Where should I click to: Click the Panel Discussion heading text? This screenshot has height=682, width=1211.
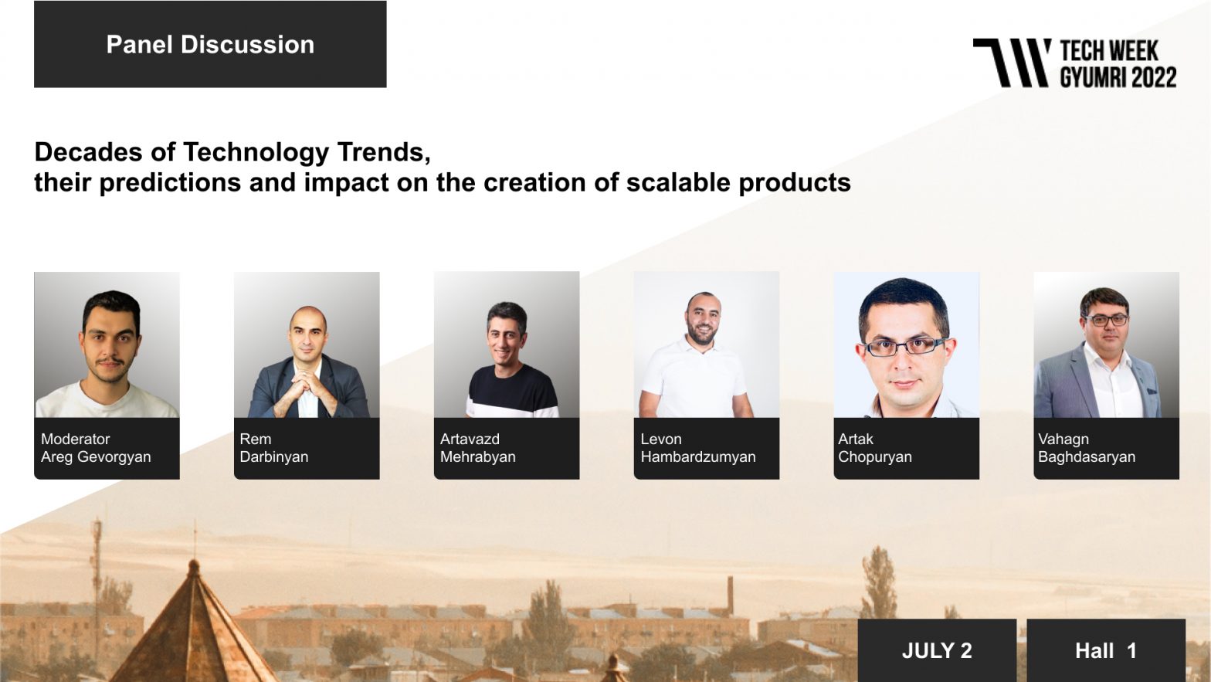tap(210, 44)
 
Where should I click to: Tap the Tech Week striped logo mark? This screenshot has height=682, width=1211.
tap(1012, 63)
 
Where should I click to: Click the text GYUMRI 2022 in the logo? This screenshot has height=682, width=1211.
tap(1118, 77)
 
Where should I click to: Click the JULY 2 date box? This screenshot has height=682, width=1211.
tap(937, 650)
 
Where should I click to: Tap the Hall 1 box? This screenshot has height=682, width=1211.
tap(1106, 650)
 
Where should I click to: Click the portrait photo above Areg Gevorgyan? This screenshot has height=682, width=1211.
tap(107, 344)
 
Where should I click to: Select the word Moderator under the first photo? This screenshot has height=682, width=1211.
tap(75, 439)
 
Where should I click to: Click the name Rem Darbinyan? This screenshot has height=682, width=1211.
tap(274, 448)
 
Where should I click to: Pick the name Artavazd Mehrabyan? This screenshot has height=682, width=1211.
tap(478, 448)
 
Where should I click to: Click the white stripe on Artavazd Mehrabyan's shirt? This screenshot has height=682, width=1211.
tap(512, 411)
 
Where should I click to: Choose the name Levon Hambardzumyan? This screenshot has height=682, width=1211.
tap(698, 448)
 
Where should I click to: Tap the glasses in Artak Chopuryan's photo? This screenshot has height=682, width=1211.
tap(906, 346)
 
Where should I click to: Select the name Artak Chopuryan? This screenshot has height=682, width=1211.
tap(875, 448)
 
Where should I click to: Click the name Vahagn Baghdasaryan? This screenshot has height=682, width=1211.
tap(1087, 448)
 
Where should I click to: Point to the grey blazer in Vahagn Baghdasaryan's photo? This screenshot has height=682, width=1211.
tap(1063, 384)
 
